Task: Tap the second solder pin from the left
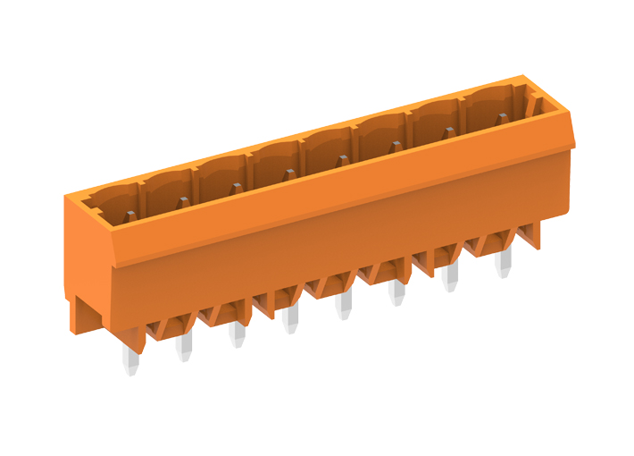point(184,346)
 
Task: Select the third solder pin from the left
point(237,334)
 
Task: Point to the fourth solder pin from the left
point(289,320)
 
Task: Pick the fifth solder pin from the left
point(343,306)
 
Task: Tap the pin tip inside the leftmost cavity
point(130,215)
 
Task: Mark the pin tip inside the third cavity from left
point(237,189)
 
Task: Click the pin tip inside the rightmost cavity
point(503,118)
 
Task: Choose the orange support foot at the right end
point(532,234)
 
